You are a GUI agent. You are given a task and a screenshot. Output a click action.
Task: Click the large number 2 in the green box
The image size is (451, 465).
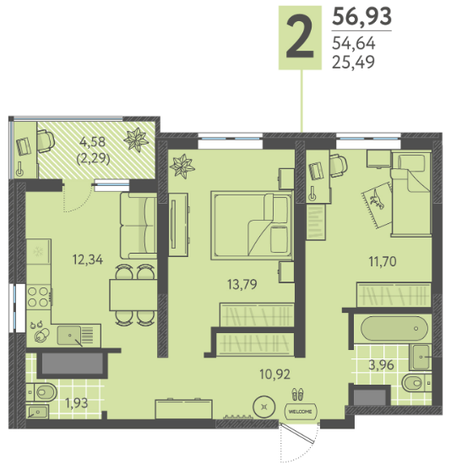[x=300, y=37]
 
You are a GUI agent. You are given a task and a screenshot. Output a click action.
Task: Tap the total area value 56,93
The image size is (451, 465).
[x=361, y=16]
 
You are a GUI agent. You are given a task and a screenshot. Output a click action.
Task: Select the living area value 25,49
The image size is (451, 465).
[x=353, y=62]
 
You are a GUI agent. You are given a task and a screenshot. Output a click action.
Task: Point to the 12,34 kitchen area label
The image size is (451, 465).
[x=88, y=260]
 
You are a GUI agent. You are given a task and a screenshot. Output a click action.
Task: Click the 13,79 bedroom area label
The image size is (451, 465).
[x=242, y=284]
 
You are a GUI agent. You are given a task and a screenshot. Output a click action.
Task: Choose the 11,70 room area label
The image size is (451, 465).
[x=383, y=261]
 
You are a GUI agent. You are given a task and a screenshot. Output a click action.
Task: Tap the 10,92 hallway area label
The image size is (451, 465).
[x=274, y=375]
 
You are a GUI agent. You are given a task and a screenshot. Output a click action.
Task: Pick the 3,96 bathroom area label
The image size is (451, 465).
[x=381, y=364]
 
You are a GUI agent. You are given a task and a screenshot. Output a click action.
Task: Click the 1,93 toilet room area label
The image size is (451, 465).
[x=77, y=403]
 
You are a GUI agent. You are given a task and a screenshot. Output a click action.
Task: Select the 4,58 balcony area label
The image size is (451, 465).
[x=92, y=142]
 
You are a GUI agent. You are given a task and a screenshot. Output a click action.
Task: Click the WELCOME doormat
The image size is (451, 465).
[x=300, y=412]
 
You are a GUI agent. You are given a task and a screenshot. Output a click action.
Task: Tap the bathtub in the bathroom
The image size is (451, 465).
[x=394, y=328]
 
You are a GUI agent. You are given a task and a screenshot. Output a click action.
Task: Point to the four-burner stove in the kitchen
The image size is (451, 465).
[x=39, y=297]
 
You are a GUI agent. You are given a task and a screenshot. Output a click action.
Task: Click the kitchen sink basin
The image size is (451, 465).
[x=69, y=335]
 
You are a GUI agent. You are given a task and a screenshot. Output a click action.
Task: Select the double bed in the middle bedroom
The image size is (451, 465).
[x=252, y=226]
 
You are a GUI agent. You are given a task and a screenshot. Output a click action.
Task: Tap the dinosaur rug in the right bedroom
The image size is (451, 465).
[x=377, y=205]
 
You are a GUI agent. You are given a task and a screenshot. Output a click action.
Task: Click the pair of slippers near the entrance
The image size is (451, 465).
[x=297, y=395]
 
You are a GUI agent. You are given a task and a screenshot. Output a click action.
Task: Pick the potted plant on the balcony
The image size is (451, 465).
[x=136, y=139]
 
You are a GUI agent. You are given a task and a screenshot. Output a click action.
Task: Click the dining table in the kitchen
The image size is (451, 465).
[x=133, y=295]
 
